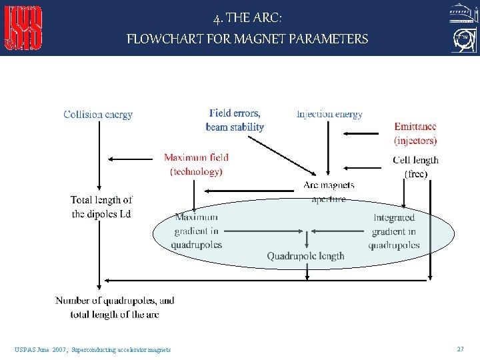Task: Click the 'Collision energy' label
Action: coord(98,115)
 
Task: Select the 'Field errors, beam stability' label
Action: coord(235,120)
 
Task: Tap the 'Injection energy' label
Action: coord(329,114)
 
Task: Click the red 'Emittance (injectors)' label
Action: coord(415,133)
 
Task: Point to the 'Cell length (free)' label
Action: coord(416,167)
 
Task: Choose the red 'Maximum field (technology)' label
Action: coord(196,165)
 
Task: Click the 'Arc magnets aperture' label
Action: coord(329,191)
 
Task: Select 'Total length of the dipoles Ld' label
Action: coord(101,207)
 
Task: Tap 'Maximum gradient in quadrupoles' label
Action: coord(196,231)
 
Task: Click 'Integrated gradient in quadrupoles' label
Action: coord(394,231)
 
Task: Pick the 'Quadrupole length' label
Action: coord(306,256)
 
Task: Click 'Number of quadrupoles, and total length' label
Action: coord(115,307)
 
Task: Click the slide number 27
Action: coord(460,349)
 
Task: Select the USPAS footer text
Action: coord(92,349)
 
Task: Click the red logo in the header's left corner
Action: coord(24,28)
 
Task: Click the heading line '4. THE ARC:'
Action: coord(247,18)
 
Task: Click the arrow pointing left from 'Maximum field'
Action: coord(133,159)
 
